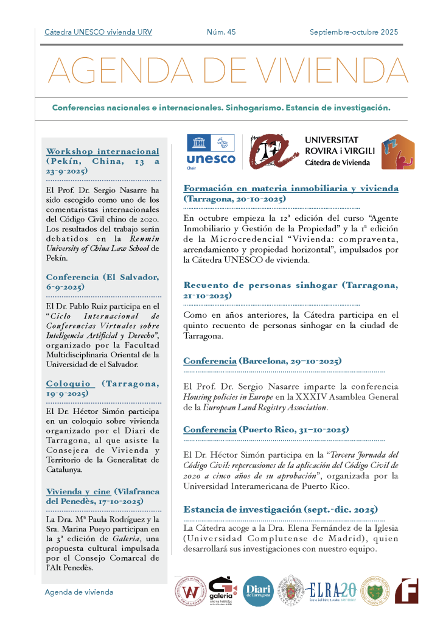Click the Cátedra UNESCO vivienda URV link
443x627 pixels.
pyautogui.click(x=98, y=32)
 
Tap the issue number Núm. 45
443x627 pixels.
pyautogui.click(x=221, y=32)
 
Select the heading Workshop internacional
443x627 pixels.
pyautogui.click(x=102, y=151)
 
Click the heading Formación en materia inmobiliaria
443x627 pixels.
pyautogui.click(x=291, y=188)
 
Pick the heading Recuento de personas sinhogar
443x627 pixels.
pyautogui.click(x=291, y=285)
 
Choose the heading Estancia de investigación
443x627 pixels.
pyautogui.click(x=281, y=509)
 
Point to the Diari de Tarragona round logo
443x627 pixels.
pyautogui.click(x=258, y=590)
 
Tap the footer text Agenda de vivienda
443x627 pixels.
pyautogui.click(x=78, y=592)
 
